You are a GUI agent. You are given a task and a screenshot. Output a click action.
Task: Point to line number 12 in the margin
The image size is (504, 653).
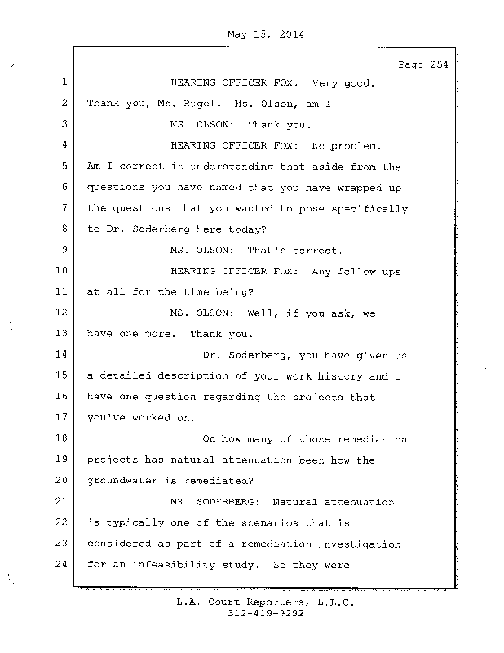[x=62, y=313]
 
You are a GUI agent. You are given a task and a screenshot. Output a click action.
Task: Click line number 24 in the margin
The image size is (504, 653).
[x=62, y=564]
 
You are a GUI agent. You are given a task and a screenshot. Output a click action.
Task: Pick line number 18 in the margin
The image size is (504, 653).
[x=62, y=438]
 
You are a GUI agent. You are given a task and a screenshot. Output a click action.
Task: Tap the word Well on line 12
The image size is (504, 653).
[x=261, y=313]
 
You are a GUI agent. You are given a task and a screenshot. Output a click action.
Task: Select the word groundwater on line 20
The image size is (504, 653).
[x=122, y=481]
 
